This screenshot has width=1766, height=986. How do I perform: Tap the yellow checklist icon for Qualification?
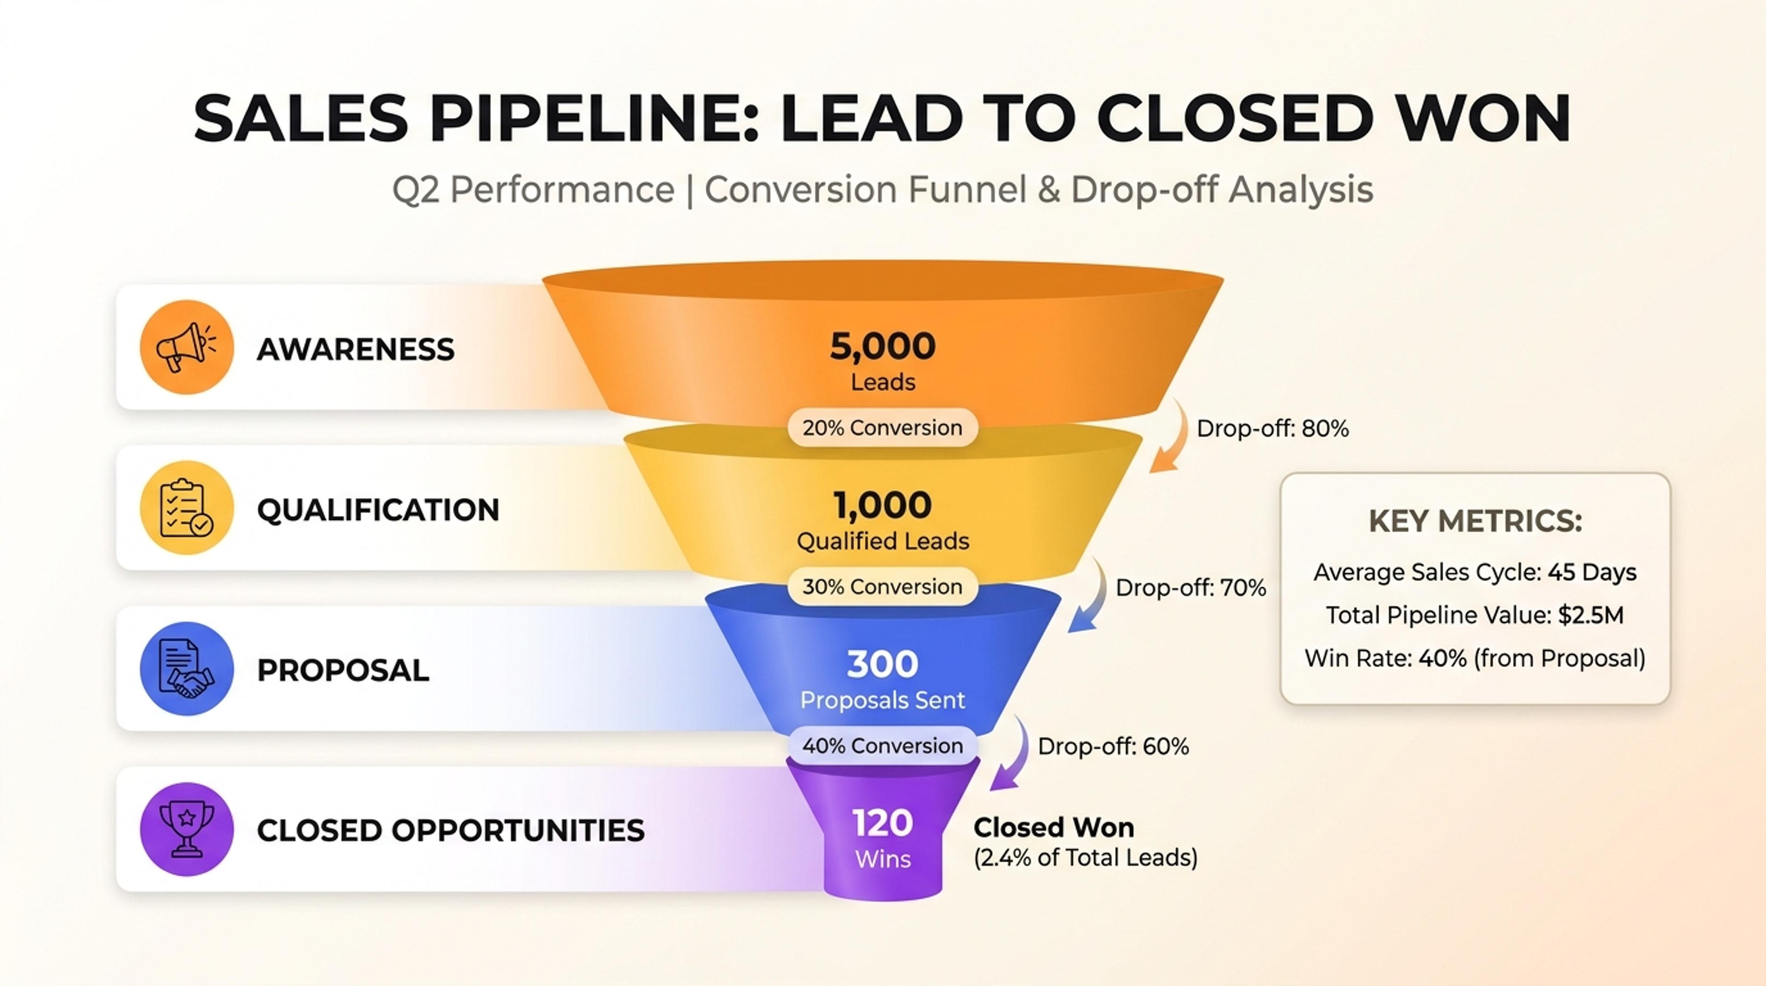point(186,508)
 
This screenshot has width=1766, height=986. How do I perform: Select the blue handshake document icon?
point(186,669)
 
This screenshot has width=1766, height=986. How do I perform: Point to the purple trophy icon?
point(186,829)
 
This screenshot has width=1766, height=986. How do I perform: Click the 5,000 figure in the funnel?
point(883,346)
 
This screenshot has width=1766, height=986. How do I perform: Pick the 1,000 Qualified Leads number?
point(883,505)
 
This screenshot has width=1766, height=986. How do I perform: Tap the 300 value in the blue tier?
point(883,664)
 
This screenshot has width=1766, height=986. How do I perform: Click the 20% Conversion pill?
point(883,428)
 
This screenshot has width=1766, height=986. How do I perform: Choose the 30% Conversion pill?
point(883,587)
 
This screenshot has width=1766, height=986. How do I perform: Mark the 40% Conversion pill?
point(883,746)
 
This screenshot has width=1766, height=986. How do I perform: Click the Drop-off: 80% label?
point(1273,429)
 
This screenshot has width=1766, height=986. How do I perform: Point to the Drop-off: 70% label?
point(1191,588)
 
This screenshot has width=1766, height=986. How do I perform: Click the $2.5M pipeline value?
point(1590,616)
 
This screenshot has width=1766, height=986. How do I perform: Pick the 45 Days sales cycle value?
point(1592,572)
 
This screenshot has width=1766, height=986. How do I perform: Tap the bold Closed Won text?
point(1054,828)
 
